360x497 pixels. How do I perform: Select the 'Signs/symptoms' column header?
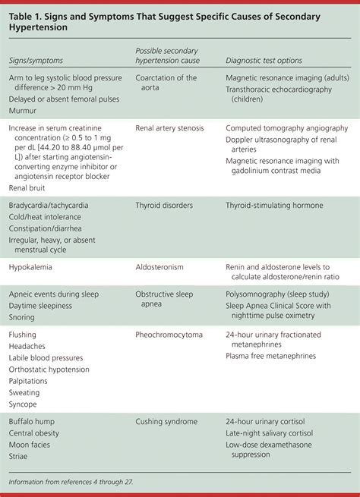35,60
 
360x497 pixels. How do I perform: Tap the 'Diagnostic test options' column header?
264,60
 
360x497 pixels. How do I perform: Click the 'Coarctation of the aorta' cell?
166,83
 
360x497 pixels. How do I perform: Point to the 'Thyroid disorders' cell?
163,206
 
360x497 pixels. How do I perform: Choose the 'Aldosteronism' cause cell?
159,267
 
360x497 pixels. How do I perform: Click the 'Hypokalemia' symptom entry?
31,267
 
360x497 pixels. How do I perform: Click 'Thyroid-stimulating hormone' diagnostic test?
274,206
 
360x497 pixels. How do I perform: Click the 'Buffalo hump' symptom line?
33,421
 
